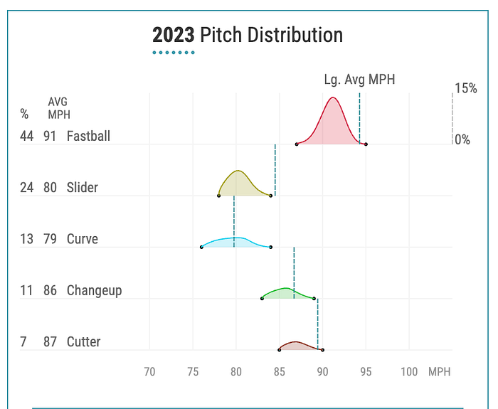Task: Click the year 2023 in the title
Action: [x=174, y=35]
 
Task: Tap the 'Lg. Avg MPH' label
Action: [x=359, y=80]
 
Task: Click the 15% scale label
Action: [x=465, y=88]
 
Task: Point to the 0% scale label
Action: [x=462, y=139]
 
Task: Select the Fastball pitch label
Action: [x=88, y=137]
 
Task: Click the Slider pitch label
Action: [x=83, y=187]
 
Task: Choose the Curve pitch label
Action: [x=83, y=239]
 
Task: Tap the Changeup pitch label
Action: [x=95, y=291]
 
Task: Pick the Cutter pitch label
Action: [x=83, y=341]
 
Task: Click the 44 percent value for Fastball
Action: [x=27, y=137]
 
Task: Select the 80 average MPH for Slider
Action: [x=51, y=187]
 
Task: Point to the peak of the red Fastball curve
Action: [x=333, y=97]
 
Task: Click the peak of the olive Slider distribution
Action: [x=238, y=171]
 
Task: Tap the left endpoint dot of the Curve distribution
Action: [x=201, y=247]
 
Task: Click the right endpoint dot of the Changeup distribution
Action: [x=314, y=299]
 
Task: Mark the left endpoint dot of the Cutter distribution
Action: [x=280, y=350]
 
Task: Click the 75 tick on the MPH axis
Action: [x=193, y=371]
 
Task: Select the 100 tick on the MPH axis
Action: [x=409, y=371]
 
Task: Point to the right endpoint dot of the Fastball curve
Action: [x=366, y=144]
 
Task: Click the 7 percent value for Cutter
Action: [x=23, y=341]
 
